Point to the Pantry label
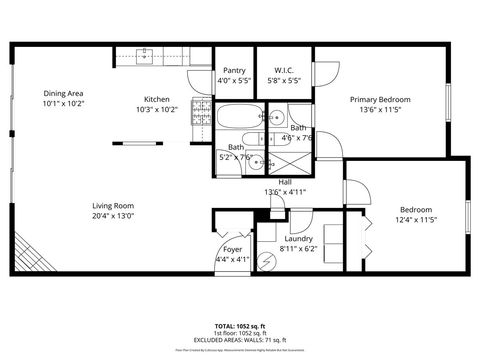(233, 70)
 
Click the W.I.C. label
(283, 70)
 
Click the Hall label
(284, 182)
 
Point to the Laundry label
(298, 239)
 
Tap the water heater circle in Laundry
(266, 262)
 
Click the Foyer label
(232, 249)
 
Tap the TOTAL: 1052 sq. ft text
(239, 326)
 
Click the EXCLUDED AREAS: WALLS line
(239, 340)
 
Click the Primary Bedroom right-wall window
(447, 100)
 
